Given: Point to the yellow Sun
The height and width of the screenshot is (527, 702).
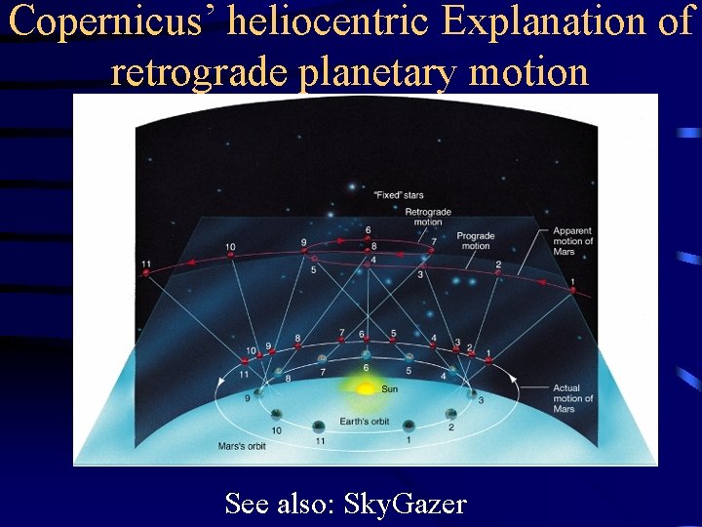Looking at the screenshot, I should (366, 388).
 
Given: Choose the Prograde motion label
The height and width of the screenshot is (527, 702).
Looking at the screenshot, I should (476, 240).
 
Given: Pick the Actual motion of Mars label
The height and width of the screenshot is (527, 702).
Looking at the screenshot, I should (572, 398).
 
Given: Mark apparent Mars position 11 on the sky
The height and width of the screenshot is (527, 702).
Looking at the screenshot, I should (146, 273).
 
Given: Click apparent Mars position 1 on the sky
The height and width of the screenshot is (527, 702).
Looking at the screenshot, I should (572, 289).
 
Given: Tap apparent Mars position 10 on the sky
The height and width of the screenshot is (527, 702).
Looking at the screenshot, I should (230, 256).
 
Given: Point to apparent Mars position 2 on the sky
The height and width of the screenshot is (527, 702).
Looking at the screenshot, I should (498, 273).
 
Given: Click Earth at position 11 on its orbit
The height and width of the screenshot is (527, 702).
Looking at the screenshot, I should (319, 426).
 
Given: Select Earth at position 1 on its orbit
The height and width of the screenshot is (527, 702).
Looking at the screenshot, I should (409, 425).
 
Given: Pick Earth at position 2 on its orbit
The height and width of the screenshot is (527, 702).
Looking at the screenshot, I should (451, 413).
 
